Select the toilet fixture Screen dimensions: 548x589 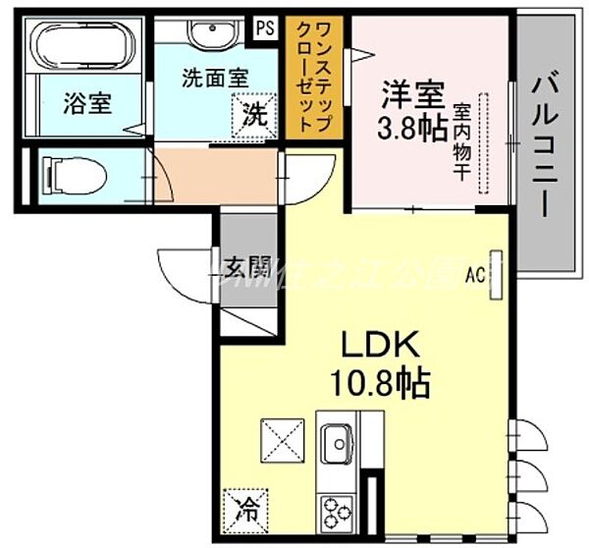click(x=75, y=177)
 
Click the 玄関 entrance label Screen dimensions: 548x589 click(x=247, y=266)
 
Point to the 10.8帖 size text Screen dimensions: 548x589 click(x=383, y=384)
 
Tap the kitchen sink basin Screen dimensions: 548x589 click(x=338, y=443)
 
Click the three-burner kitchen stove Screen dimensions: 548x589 click(x=338, y=512)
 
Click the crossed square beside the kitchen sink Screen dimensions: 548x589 click(x=282, y=438)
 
